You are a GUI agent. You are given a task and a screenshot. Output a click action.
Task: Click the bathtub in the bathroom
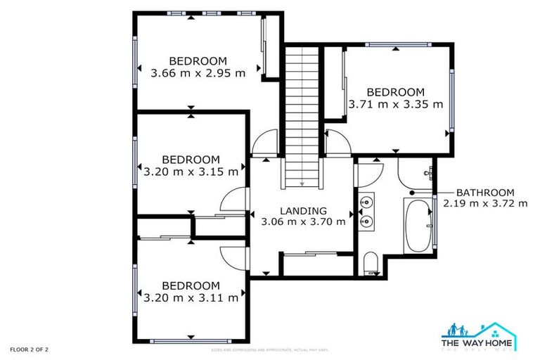417,225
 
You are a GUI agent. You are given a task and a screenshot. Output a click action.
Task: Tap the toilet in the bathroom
371,265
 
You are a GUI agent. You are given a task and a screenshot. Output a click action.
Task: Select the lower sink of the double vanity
366,221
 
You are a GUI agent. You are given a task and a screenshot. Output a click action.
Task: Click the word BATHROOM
485,192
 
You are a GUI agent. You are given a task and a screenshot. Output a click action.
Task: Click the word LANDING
303,210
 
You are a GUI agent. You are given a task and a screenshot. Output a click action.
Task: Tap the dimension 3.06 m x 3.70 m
303,221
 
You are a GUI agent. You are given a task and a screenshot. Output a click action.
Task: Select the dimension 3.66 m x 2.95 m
198,72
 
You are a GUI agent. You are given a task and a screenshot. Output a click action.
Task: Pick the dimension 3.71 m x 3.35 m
396,104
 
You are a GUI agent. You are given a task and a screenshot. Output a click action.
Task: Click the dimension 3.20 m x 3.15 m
191,171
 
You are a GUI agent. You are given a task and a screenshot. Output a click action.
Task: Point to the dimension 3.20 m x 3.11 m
191,297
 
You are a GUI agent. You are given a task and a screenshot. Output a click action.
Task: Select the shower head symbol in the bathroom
427,172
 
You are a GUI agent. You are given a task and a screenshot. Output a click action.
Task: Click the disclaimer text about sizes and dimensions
270,349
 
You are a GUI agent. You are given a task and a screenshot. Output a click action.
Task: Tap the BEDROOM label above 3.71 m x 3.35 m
396,92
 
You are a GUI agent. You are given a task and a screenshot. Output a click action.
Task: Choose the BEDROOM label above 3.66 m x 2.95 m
198,60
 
